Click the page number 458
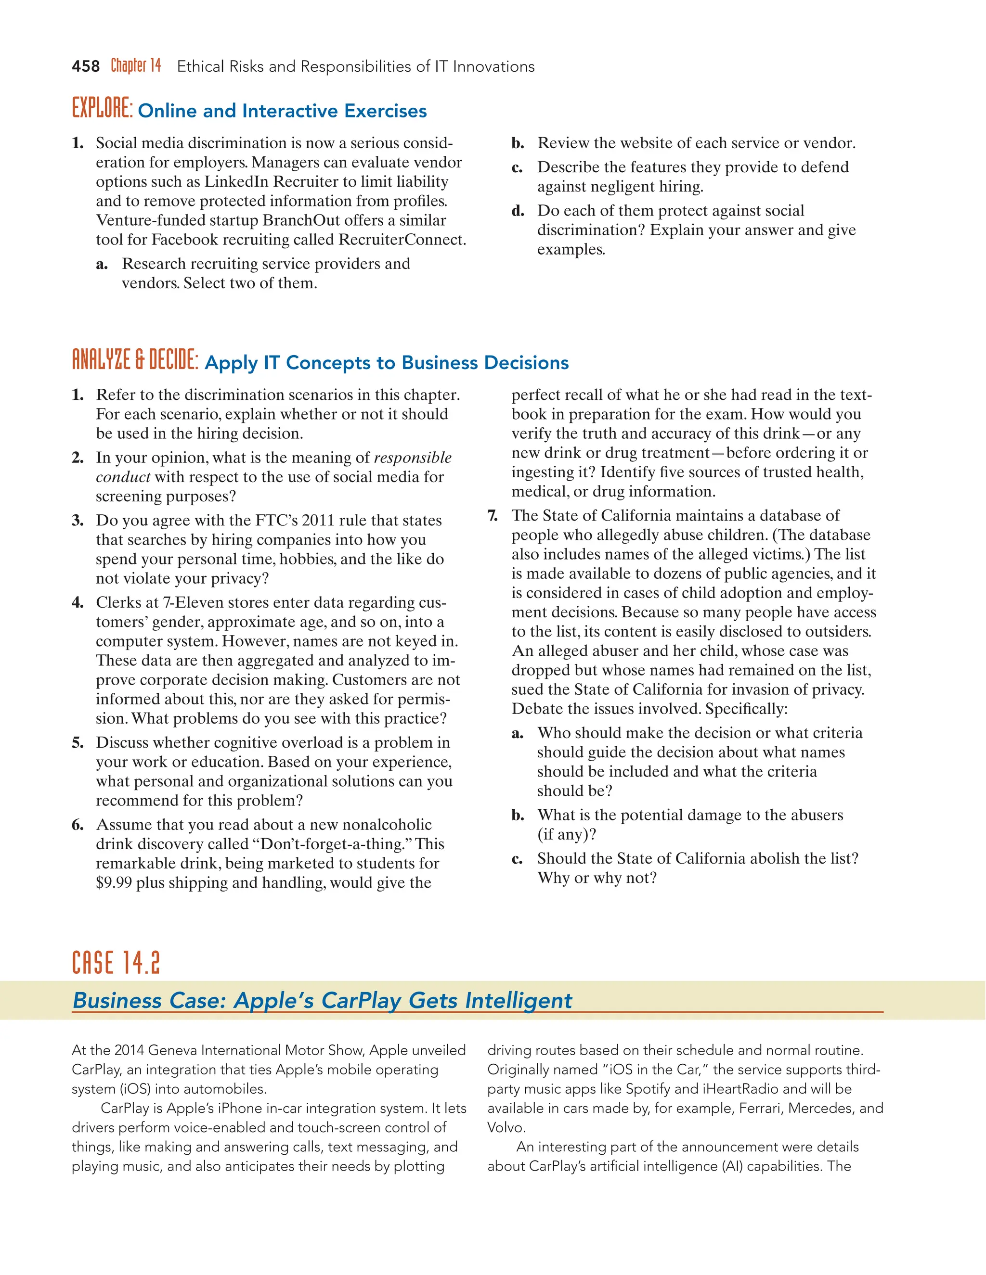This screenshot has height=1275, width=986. click(85, 66)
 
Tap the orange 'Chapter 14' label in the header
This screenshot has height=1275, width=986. click(135, 65)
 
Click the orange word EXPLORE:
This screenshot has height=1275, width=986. click(102, 109)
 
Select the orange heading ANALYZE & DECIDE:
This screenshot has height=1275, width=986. click(135, 360)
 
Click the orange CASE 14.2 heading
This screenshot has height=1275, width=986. click(116, 964)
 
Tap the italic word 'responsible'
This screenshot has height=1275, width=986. click(413, 458)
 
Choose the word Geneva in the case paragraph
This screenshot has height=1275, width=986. click(172, 1051)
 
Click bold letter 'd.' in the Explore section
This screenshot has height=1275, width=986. click(518, 211)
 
